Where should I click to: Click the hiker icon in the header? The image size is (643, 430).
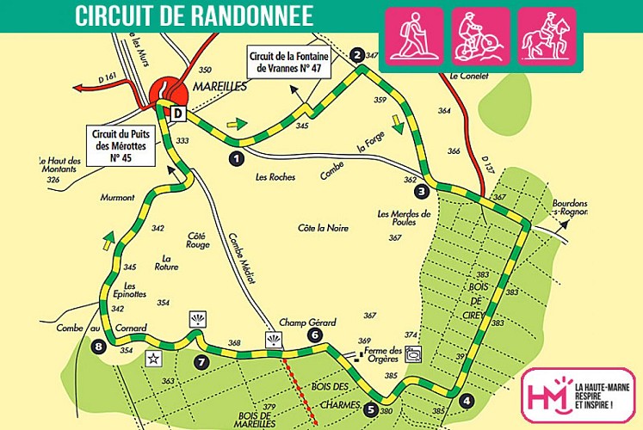pos(413,37)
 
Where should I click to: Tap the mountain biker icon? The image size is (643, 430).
pos(480,37)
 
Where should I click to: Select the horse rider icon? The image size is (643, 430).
pos(547,37)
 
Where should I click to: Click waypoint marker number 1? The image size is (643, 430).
pos(236,158)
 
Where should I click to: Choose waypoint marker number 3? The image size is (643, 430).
pos(421,191)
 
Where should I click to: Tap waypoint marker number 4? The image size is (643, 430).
pos(466,400)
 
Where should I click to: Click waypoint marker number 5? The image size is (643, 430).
pos(371,409)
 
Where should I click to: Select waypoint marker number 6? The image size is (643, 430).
pos(314,335)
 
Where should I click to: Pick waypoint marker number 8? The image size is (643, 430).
pos(99,347)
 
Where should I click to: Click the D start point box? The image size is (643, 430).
pos(178,114)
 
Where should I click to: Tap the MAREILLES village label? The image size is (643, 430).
pos(220,87)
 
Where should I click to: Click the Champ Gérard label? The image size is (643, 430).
pos(307,322)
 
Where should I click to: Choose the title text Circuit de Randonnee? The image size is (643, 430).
pos(193,15)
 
